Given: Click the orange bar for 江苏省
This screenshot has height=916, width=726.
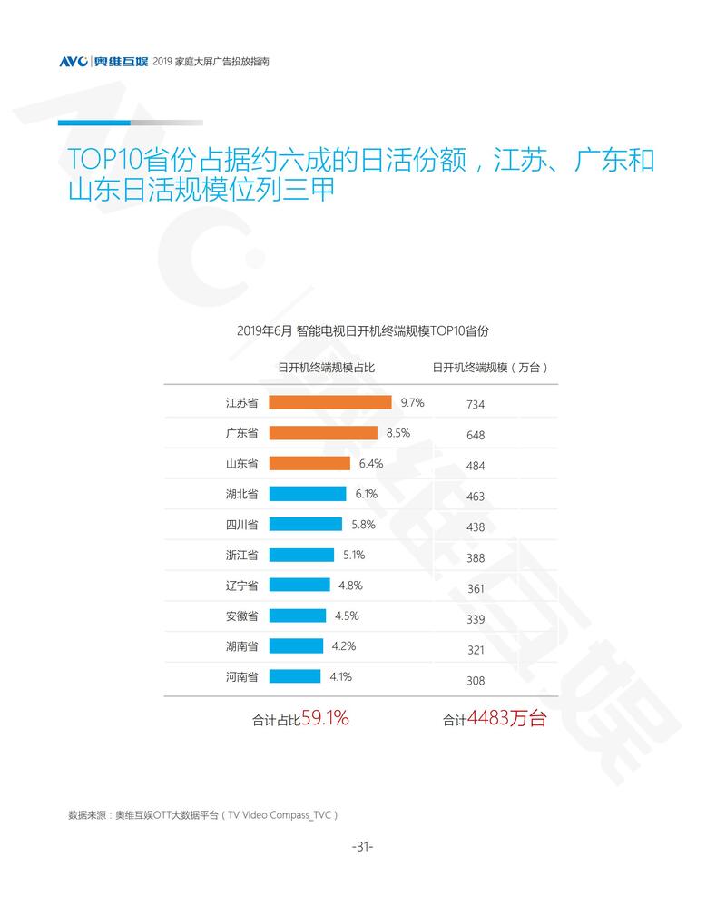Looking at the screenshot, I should point(330,402).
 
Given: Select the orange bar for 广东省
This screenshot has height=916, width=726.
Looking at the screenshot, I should point(323,433).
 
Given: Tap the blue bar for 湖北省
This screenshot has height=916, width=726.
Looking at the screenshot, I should point(308,494).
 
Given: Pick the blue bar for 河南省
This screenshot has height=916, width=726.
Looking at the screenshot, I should point(295,676).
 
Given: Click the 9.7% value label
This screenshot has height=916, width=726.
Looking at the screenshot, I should point(412,402).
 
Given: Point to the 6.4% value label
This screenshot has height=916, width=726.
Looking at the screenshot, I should point(371,463).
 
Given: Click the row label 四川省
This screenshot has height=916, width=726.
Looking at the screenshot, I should point(241,525).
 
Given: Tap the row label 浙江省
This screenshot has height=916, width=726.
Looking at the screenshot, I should point(241,555).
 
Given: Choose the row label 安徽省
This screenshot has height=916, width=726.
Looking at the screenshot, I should point(241,616).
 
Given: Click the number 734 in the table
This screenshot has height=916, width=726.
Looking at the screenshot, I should point(476,405).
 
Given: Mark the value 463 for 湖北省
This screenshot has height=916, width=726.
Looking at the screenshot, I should point(476,497).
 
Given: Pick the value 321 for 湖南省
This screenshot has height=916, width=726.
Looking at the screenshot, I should point(476,650).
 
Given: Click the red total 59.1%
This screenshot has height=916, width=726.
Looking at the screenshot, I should point(325,718).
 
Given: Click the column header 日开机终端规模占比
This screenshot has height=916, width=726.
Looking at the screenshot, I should point(326,368).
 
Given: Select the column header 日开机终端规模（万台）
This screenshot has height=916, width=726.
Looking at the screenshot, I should point(489,368).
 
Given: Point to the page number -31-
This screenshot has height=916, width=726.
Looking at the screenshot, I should point(362,846).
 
